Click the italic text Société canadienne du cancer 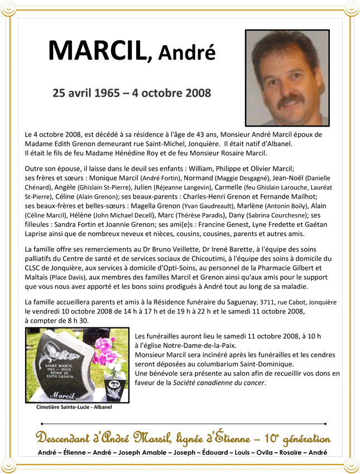tap(219, 383)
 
